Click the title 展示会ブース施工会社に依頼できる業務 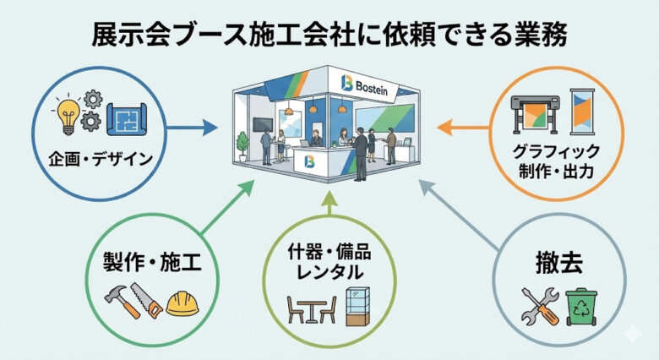click(329, 35)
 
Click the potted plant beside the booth click(243, 143)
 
